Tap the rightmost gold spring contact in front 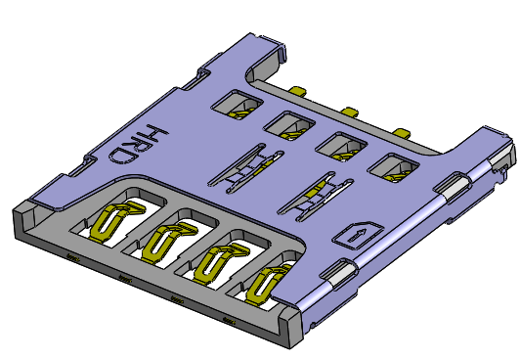264,284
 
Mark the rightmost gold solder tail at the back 400,130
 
